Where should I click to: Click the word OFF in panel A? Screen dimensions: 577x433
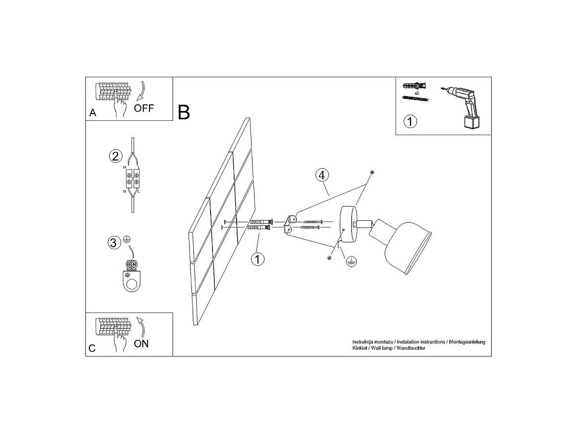pos(144,108)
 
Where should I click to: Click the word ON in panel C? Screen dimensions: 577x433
pos(141,344)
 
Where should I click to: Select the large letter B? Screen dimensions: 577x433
pos(184,112)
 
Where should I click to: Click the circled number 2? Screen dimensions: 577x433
pos(116,156)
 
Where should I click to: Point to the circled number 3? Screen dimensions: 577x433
pos(114,242)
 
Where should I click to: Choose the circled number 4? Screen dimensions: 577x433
pos(322,175)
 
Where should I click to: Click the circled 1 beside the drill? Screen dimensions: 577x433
pos(410,121)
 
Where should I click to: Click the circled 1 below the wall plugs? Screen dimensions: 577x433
pos(258,259)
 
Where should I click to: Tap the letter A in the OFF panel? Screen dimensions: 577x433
pos(93,113)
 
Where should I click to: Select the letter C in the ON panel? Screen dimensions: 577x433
pos(92,348)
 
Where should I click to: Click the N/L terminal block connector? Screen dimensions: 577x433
pos(133,178)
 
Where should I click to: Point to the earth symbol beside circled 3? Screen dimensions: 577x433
pos(127,239)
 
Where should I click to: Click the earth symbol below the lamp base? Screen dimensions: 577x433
pos(351,261)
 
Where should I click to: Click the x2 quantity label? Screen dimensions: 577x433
pos(417,93)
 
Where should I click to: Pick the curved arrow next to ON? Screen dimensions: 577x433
pos(142,327)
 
